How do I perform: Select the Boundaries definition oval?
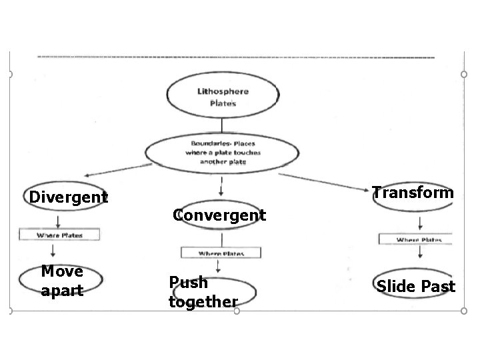click(222, 153)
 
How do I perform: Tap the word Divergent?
click(67, 197)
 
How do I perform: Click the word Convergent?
click(219, 215)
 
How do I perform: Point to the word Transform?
click(413, 193)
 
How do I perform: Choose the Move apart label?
click(62, 281)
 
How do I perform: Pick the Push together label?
click(203, 292)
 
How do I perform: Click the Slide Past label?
click(415, 287)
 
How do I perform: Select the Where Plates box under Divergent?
click(60, 235)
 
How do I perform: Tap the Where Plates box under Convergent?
click(221, 253)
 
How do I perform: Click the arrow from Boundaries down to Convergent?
click(221, 185)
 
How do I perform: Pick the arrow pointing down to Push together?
click(216, 268)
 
